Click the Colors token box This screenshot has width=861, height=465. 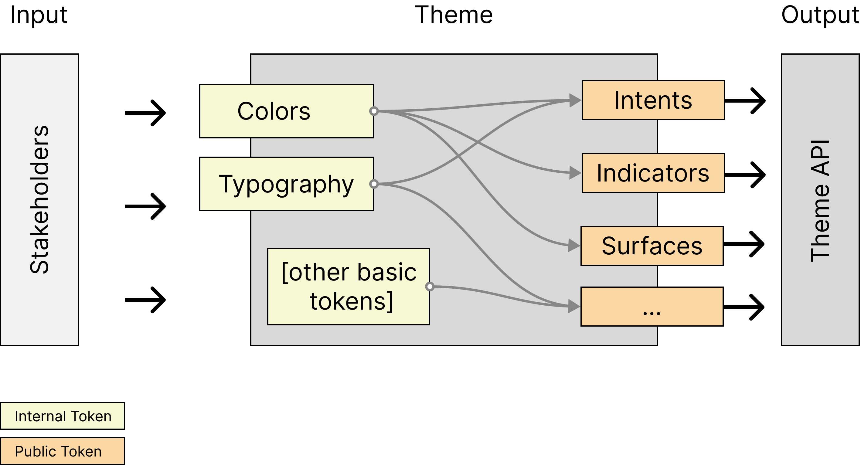coord(286,111)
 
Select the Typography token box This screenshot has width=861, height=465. coord(286,184)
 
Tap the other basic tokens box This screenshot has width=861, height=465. coord(348,286)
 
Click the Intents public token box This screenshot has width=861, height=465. coord(653,100)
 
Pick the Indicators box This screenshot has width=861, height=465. coord(653,173)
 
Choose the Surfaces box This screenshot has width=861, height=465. coord(652,246)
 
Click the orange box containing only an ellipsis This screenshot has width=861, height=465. coord(652,306)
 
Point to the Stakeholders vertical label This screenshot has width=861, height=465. coord(39,199)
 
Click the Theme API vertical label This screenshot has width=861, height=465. coord(820,200)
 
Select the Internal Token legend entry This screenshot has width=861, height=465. coord(63,416)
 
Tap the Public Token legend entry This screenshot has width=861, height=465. coord(63,451)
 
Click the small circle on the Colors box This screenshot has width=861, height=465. coord(374,111)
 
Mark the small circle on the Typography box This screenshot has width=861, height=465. coord(374,184)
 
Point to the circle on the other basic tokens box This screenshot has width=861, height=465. coord(430,286)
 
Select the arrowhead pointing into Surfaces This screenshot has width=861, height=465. coord(574,246)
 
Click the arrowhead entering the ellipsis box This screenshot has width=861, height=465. coord(574,306)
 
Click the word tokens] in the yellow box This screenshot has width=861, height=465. coord(351,301)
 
